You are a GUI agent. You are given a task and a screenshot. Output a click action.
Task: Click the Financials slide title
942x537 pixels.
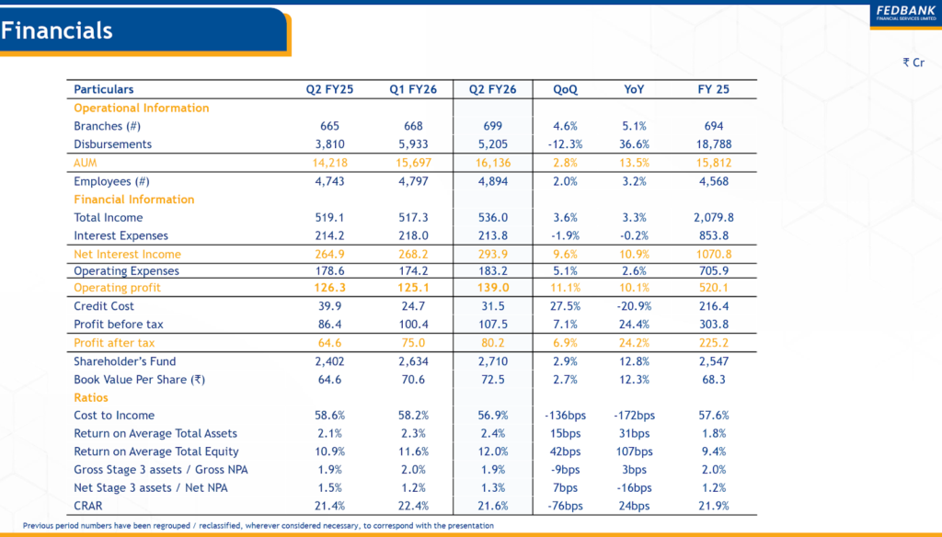(57, 30)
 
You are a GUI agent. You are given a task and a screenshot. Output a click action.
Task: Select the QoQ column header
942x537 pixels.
(566, 89)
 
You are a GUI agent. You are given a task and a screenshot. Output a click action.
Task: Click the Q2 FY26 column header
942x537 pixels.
(492, 89)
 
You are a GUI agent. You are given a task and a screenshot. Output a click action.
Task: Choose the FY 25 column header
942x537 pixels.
(714, 89)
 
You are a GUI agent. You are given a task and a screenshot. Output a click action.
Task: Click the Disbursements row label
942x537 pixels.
(112, 144)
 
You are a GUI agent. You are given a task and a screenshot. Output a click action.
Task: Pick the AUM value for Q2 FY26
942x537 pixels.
(492, 163)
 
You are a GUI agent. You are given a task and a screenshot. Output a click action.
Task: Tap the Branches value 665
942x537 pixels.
(329, 126)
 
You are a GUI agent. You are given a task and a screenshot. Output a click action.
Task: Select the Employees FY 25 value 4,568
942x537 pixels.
(714, 181)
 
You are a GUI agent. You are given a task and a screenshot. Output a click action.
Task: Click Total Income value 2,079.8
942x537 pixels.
(714, 218)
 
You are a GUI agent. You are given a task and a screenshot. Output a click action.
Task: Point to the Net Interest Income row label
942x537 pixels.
(127, 255)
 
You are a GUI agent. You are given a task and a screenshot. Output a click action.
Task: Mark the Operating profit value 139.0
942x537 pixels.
(492, 288)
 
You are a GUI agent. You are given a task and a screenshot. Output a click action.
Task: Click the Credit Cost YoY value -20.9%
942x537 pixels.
(634, 305)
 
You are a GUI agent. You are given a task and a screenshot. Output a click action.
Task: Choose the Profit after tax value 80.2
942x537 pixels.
(492, 343)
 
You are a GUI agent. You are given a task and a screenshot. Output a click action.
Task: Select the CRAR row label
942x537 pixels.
(89, 506)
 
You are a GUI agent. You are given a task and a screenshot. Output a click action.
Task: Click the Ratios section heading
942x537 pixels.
(91, 397)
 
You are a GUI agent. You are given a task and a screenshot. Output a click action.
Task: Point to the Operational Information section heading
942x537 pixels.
(141, 108)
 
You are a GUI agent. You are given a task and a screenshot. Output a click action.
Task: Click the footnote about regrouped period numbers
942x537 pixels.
(258, 526)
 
